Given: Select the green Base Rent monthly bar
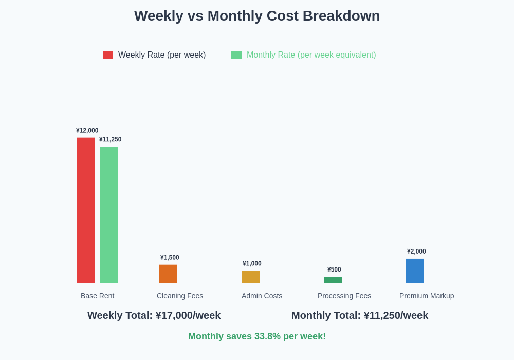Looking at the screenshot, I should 109,214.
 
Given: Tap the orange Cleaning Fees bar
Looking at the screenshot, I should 168,274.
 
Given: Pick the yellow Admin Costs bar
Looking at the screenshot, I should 250,277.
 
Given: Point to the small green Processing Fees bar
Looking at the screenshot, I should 333,280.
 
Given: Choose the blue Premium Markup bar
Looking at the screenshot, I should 415,271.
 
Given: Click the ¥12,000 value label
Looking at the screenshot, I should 87,131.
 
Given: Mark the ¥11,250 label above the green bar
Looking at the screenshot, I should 111,139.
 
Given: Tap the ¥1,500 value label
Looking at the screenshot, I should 170,258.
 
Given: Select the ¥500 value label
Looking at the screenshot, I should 334,269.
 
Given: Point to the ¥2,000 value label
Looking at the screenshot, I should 416,251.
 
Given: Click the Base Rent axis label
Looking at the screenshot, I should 98,296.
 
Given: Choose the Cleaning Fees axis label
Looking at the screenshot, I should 180,296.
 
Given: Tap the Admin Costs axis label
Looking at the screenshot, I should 262,296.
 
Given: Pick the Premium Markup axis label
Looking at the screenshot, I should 427,296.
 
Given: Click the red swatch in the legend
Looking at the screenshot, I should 108,55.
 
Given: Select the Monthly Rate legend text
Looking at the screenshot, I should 311,55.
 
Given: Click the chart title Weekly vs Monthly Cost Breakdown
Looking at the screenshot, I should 257,16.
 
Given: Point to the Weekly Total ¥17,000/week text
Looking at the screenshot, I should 154,315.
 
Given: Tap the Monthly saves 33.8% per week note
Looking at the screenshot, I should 257,336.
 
